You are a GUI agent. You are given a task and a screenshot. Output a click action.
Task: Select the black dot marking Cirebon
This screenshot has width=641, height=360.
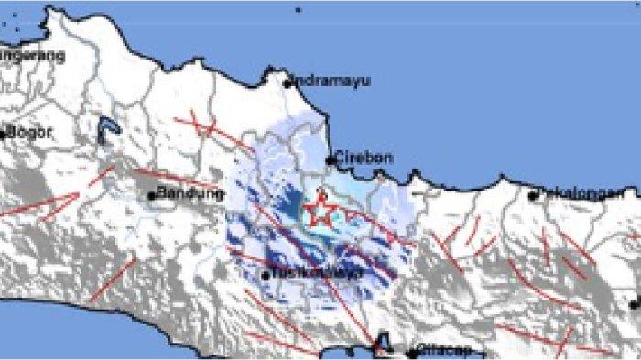331,160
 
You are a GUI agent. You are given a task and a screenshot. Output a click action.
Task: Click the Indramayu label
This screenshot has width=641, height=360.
331,81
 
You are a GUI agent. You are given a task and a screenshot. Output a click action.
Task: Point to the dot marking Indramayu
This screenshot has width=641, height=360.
288,83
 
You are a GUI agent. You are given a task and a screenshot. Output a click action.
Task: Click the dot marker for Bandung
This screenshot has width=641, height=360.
152,195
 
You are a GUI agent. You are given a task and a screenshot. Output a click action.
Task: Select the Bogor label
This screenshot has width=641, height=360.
30,132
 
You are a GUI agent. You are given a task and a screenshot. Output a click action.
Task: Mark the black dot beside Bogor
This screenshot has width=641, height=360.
4,134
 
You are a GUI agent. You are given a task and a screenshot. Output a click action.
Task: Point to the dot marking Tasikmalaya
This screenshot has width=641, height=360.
266,275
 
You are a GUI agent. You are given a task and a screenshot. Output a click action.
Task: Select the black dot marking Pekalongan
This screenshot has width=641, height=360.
533,195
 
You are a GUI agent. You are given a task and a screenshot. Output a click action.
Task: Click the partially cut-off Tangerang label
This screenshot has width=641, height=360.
32,55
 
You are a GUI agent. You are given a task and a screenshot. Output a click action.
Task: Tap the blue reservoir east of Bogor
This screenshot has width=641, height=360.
107,132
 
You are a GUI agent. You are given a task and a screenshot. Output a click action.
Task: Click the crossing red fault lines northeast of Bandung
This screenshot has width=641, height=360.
207,125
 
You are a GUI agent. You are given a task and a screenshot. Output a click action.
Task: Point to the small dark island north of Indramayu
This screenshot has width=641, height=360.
298,10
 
